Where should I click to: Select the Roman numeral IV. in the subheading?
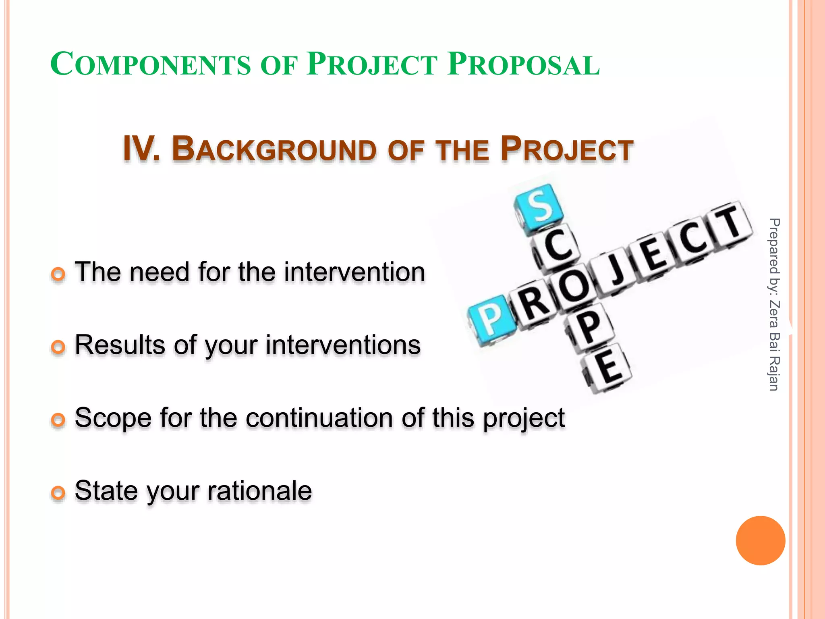pos(141,149)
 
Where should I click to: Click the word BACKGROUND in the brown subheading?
pos(274,150)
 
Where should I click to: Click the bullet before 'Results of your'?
pos(58,347)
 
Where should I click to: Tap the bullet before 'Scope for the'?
pos(58,420)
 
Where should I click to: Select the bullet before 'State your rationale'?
pos(58,492)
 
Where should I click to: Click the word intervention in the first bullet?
pos(354,272)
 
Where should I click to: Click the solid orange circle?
pos(760,540)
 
